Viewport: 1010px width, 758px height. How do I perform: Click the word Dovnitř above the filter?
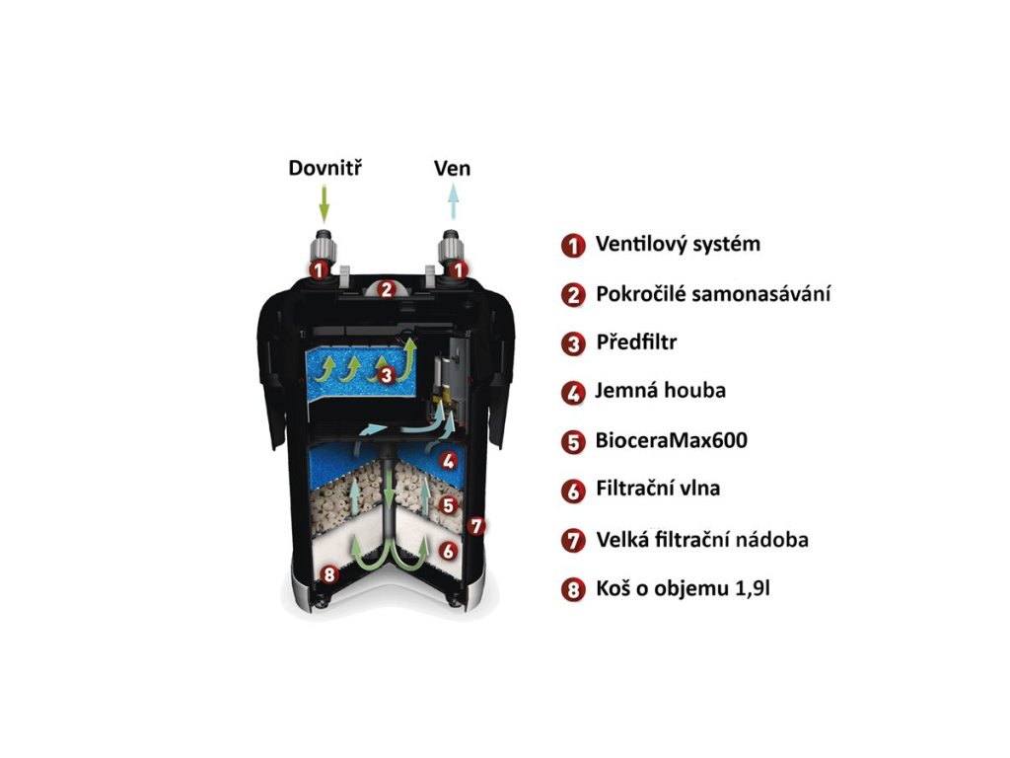coord(326,168)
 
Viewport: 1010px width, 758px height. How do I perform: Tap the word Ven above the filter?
coord(453,168)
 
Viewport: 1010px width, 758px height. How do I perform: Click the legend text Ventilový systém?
coord(678,244)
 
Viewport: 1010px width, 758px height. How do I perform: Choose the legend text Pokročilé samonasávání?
coord(712,294)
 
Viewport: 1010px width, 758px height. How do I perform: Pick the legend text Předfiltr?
coord(636,343)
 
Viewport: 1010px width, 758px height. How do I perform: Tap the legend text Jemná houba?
coord(660,391)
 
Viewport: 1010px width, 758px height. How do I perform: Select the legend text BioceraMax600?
coord(671,440)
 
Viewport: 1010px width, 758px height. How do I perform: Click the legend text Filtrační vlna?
coord(665,489)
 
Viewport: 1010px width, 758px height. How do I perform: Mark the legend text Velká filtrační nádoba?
coord(703,540)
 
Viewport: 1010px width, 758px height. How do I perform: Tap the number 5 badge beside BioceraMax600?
coord(572,441)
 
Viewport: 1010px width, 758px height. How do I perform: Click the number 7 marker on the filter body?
coord(476,526)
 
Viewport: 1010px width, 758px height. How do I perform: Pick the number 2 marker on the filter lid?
coord(387,290)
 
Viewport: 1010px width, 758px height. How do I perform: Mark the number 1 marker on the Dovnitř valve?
coord(318,268)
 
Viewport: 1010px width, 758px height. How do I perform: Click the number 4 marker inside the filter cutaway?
coord(449,460)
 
